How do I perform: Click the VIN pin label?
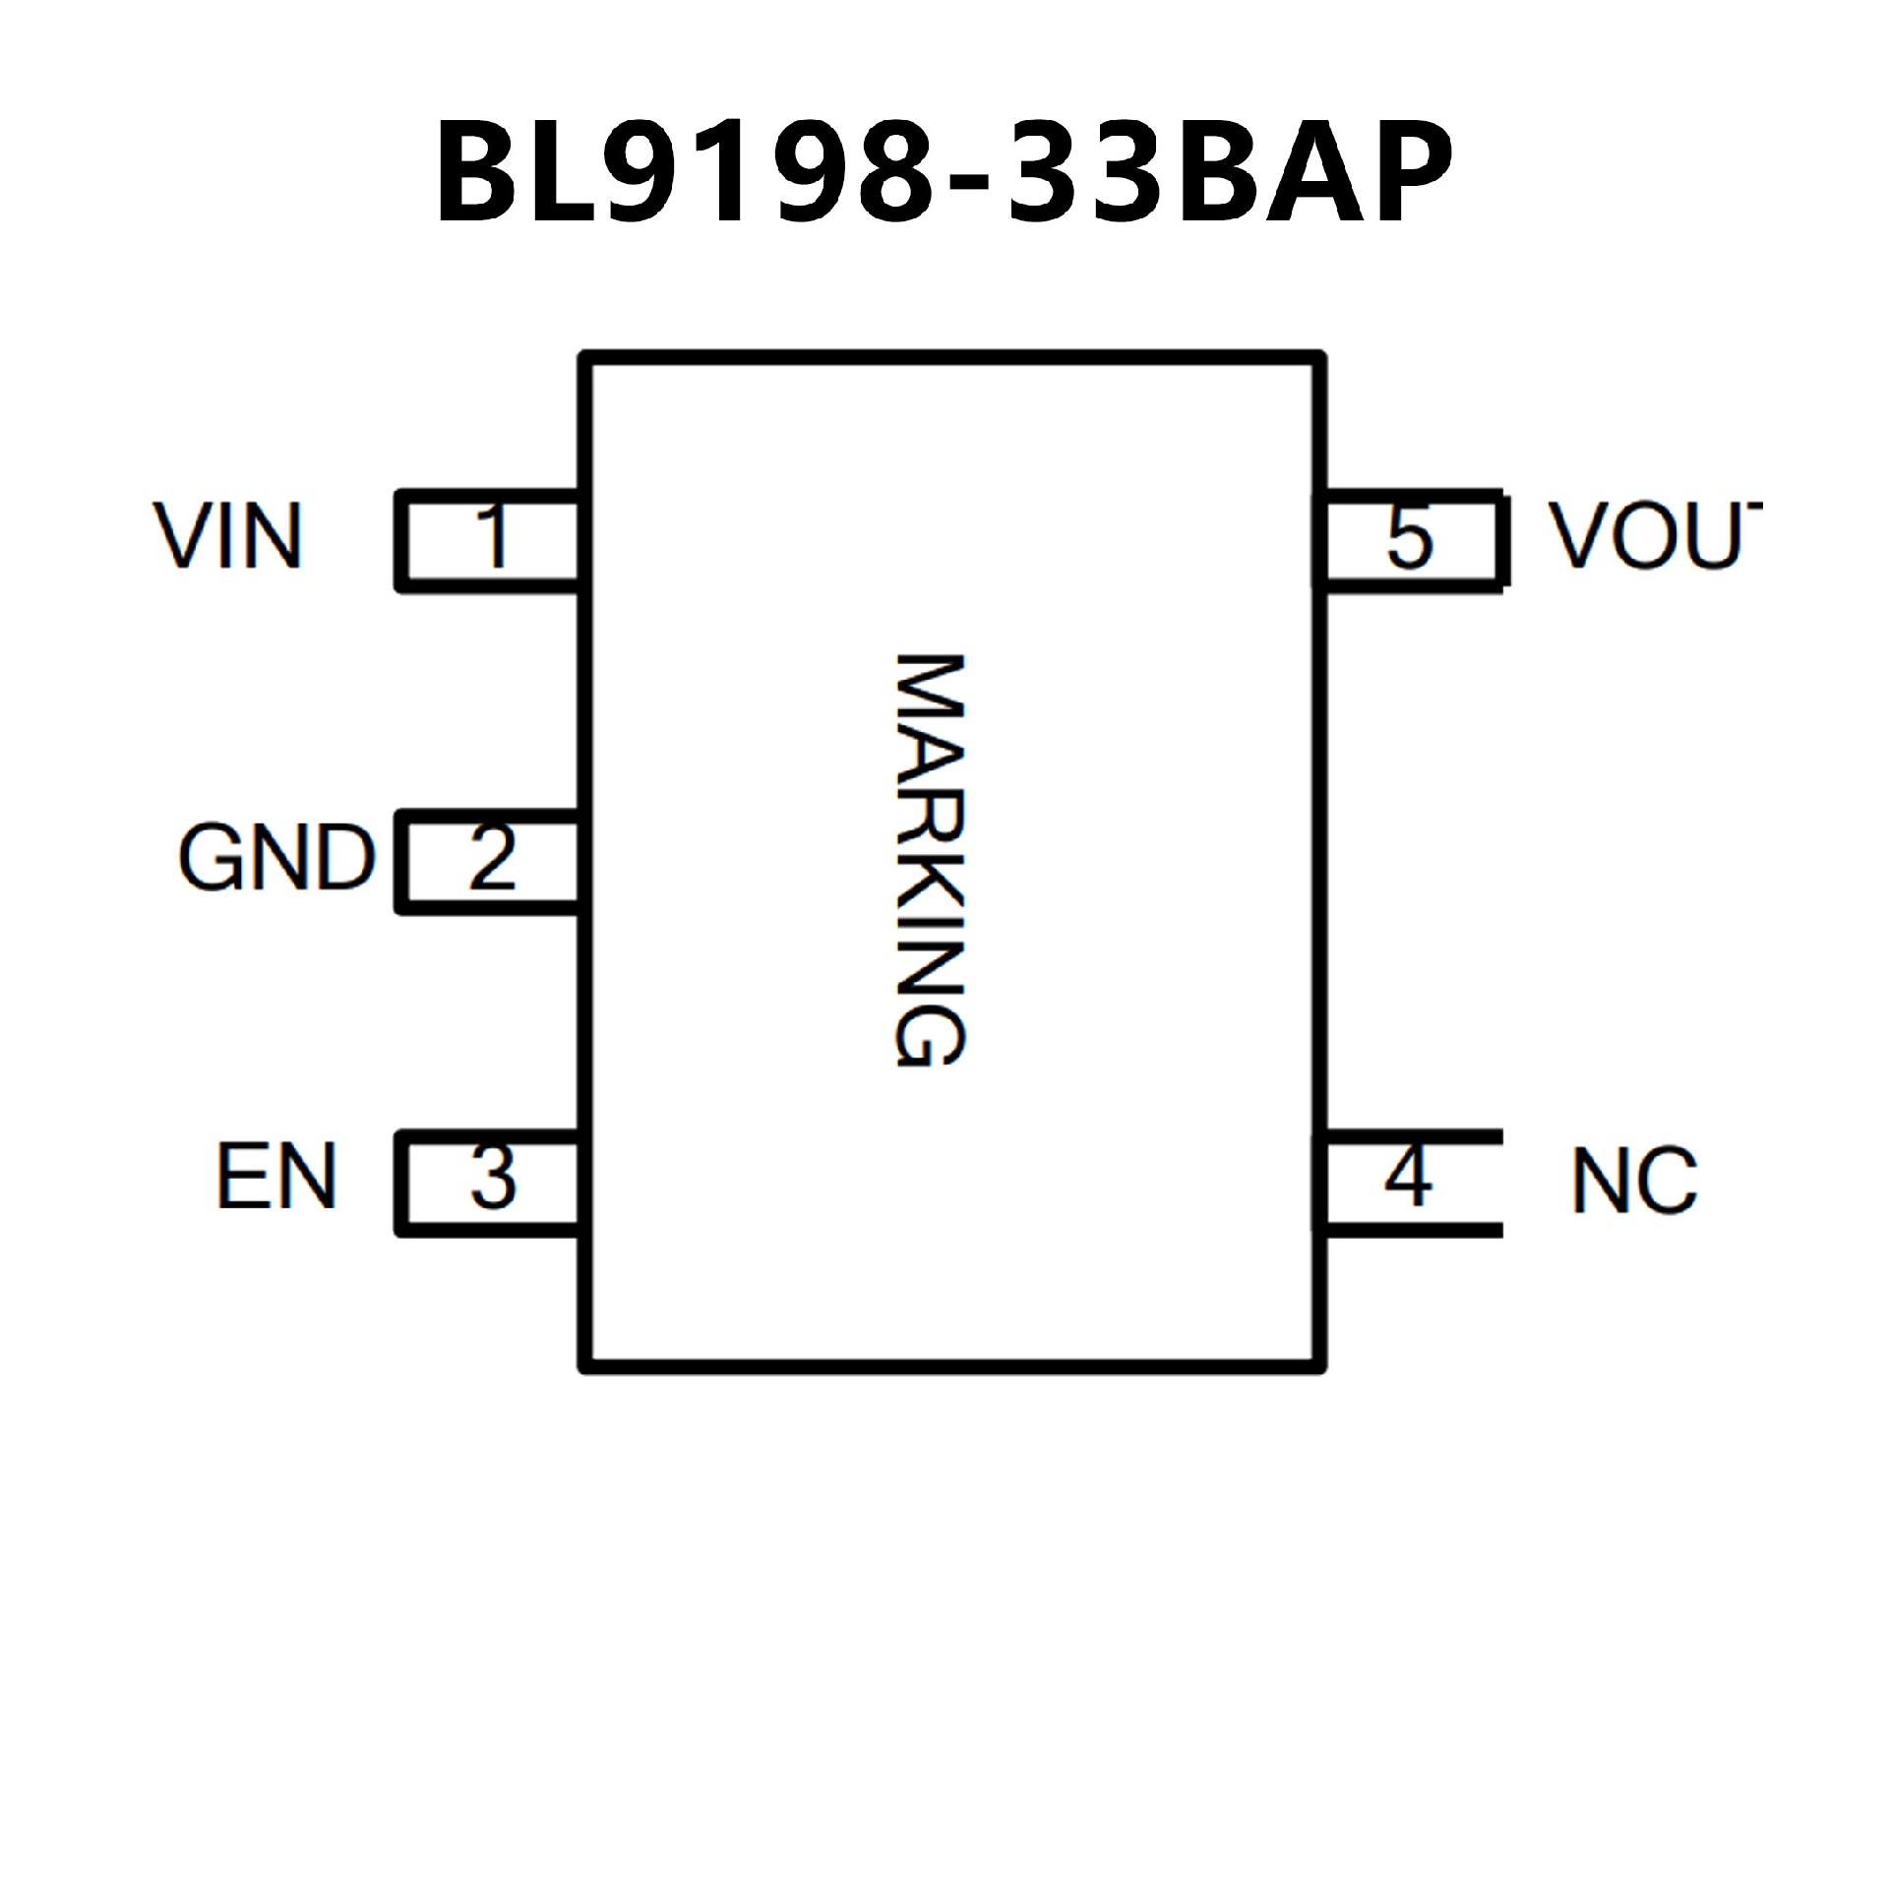pos(227,537)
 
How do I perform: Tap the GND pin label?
pos(276,858)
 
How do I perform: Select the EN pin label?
pos(276,1176)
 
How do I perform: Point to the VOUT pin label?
pos(1653,537)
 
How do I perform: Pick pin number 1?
pos(492,537)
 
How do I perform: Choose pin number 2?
pos(492,858)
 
